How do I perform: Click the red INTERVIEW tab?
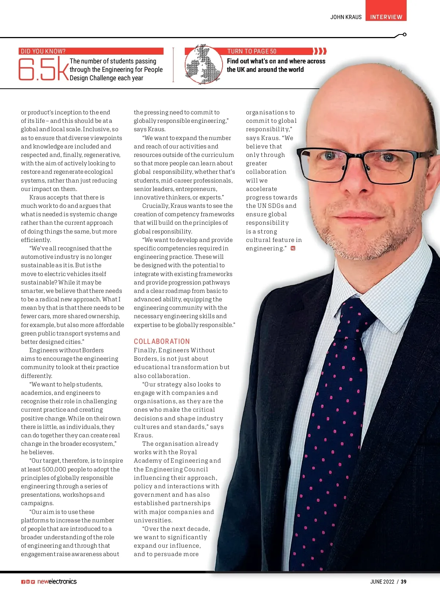click(x=386, y=17)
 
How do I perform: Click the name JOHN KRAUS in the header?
click(x=346, y=17)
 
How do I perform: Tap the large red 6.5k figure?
click(x=43, y=69)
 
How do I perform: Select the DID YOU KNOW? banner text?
click(x=43, y=51)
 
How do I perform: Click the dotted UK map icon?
click(x=203, y=65)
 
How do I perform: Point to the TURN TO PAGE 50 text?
click(x=252, y=51)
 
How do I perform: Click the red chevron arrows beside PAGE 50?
click(x=320, y=51)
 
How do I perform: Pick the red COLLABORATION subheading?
click(x=162, y=341)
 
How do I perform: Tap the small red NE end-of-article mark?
click(x=293, y=249)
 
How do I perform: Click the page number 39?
click(x=403, y=582)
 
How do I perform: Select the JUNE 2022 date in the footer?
click(x=382, y=582)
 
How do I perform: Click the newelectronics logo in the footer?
click(x=57, y=581)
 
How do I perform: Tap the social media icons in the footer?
click(x=28, y=582)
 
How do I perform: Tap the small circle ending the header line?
click(x=404, y=34)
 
